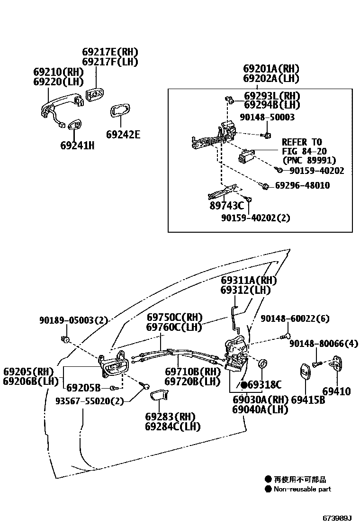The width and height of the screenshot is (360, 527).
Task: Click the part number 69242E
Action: coord(123,135)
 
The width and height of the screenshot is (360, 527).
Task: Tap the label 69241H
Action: coord(77,145)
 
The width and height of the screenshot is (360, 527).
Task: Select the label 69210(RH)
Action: coord(58,72)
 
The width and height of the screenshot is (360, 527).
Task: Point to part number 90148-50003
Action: coord(267,117)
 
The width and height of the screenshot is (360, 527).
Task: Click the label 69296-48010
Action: coord(303,185)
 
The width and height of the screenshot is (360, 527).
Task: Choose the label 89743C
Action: coord(227,206)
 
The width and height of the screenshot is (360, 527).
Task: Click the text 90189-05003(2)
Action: coord(73,321)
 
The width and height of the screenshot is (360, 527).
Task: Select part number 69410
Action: coord(337,391)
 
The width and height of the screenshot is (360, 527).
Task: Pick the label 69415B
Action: coord(308,400)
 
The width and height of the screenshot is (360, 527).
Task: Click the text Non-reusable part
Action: coord(302,489)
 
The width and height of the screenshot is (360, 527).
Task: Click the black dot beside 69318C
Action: coord(244,384)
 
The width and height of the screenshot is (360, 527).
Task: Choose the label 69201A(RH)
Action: coord(271,69)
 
